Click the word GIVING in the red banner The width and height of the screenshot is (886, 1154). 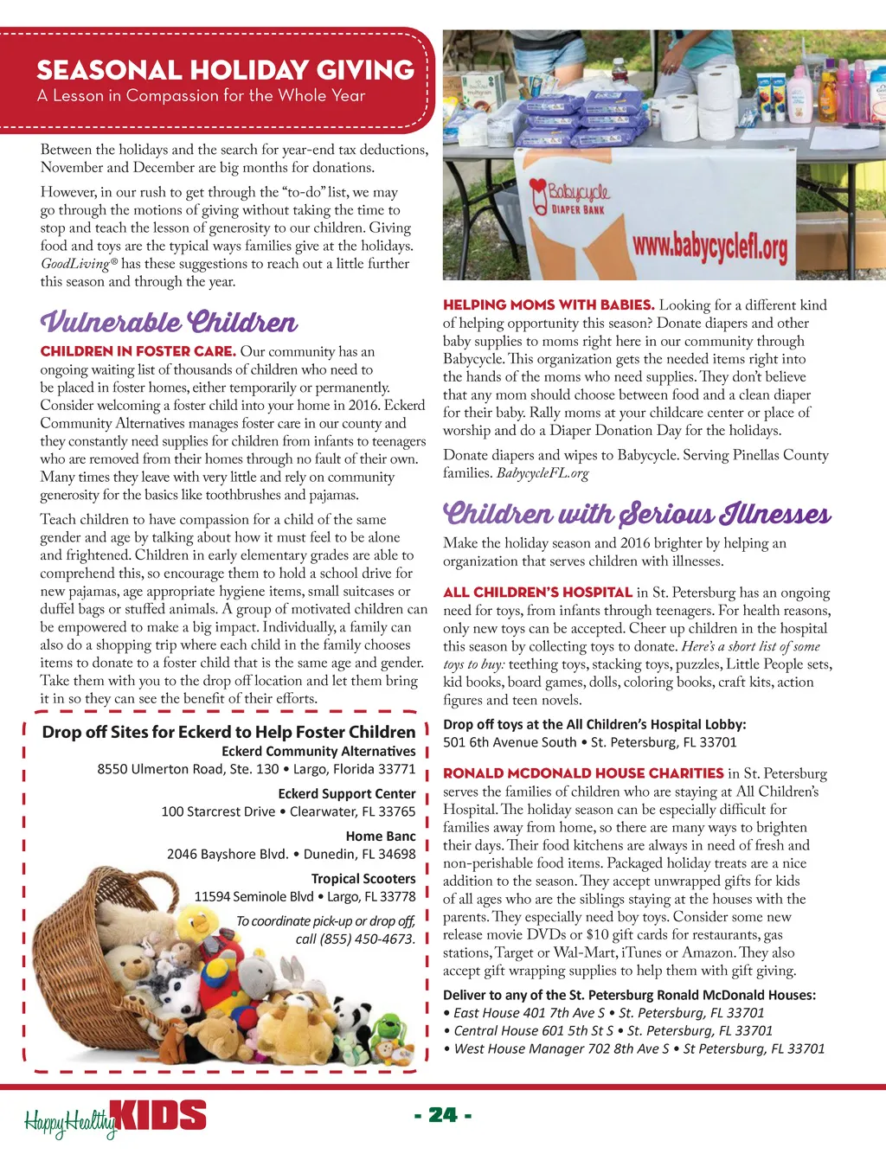[365, 69]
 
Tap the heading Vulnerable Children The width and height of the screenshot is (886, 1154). [169, 323]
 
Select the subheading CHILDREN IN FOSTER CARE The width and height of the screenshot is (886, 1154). [138, 351]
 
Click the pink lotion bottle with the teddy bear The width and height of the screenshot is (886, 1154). [799, 95]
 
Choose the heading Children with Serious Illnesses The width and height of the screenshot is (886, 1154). [637, 514]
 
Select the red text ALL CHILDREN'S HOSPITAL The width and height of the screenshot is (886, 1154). [537, 593]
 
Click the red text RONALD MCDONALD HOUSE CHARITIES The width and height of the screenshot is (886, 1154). [583, 773]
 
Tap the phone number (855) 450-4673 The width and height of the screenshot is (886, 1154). [369, 939]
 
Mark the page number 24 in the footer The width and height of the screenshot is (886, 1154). [443, 1114]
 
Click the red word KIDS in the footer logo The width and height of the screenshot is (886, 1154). [161, 1116]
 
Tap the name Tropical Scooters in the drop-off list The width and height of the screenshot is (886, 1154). [363, 879]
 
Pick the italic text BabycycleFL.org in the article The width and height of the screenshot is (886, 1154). [543, 473]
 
